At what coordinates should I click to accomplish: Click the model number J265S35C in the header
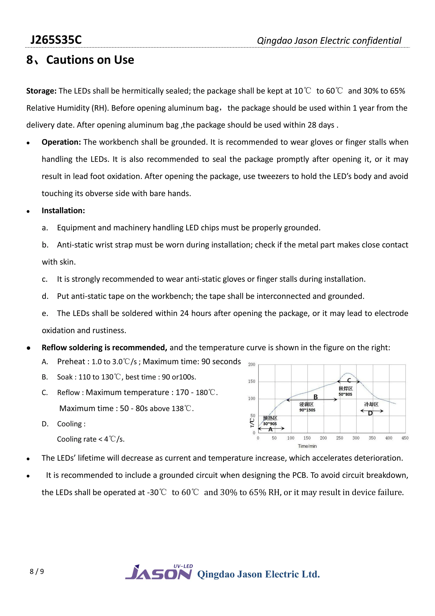tap(56, 40)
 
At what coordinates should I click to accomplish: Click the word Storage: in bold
tap(41, 91)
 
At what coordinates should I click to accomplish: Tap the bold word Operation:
tap(61, 142)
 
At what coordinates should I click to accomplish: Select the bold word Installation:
tap(63, 211)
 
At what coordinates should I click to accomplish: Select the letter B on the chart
tap(316, 397)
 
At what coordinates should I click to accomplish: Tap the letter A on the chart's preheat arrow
tap(270, 429)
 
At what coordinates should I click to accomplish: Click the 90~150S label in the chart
tap(307, 410)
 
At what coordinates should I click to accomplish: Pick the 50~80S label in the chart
tap(345, 394)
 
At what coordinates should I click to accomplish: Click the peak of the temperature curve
tap(347, 373)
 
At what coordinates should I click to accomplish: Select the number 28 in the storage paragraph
tap(312, 125)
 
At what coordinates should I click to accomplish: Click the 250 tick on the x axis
tap(339, 438)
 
